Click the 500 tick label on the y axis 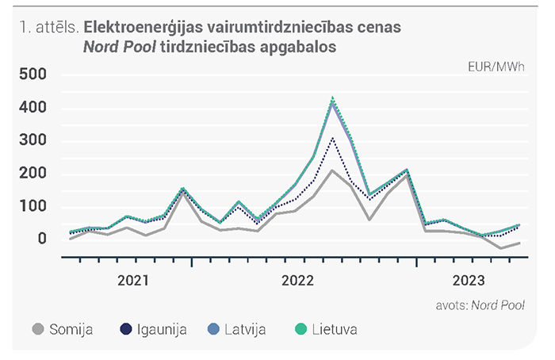coord(33,75)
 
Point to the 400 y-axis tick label coord(33,107)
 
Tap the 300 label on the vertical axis coord(33,140)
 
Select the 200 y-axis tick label coord(33,173)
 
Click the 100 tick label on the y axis coord(33,206)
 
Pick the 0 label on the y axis coord(42,239)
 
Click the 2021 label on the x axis coord(133,281)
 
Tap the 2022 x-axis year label coord(297,281)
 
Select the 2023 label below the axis coord(469,281)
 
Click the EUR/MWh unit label coord(496,67)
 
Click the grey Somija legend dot coord(38,329)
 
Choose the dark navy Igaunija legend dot coord(125,329)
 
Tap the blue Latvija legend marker coord(213,329)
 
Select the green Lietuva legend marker coord(300,329)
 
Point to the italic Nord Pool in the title coord(120,47)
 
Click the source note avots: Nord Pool coord(480,305)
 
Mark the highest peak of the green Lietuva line coord(332,97)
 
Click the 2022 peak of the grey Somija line coord(332,170)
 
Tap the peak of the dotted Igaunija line coord(332,138)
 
